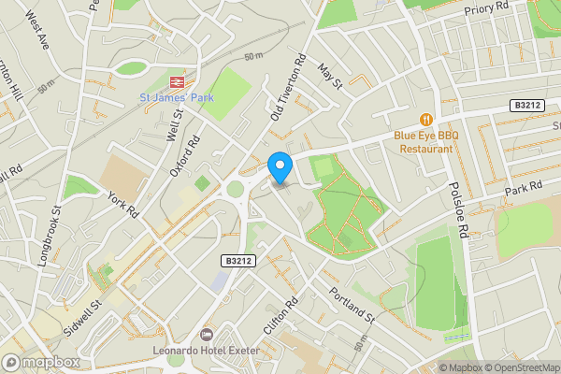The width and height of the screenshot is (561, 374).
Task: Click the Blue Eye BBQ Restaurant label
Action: [x=426, y=141]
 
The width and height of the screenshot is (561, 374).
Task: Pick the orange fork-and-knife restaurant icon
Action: [x=426, y=120]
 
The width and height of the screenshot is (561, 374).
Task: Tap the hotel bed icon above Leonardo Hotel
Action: [x=207, y=334]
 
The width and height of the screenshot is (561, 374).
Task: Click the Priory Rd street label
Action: [x=486, y=9]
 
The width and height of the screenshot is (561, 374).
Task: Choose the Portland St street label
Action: [x=351, y=306]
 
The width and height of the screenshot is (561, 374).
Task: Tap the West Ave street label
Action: [x=37, y=32]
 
